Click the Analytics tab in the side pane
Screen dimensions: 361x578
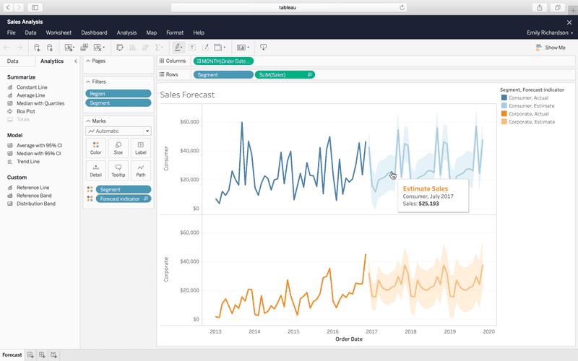(x=51, y=61)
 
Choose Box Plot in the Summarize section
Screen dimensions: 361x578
(x=25, y=111)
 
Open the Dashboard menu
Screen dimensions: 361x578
(x=94, y=32)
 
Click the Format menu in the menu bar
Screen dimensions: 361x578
(x=174, y=32)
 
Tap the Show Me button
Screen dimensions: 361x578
(x=551, y=48)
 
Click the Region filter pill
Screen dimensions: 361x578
(x=118, y=94)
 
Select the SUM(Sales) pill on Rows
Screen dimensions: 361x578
(x=285, y=74)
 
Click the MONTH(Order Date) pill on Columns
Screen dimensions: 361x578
(x=223, y=61)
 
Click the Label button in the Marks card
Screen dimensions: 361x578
(x=140, y=148)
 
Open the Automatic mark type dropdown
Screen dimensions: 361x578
(x=118, y=131)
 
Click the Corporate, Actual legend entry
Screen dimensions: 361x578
(x=529, y=114)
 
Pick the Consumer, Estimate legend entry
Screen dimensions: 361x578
(x=531, y=105)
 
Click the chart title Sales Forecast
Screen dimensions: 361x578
(x=187, y=95)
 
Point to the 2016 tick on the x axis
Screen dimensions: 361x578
(x=332, y=331)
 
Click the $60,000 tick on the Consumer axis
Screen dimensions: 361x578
(x=189, y=122)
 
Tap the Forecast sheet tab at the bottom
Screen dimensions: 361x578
(x=12, y=355)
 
